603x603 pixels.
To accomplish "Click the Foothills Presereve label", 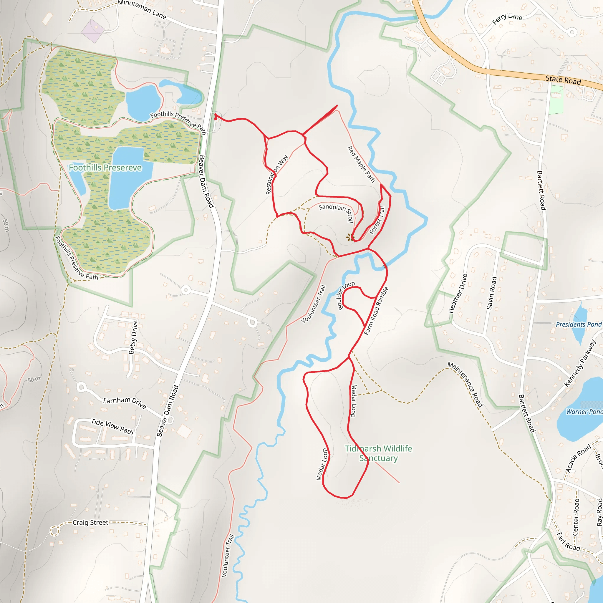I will (x=105, y=168).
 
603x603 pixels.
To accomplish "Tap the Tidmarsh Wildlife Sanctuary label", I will (x=378, y=453).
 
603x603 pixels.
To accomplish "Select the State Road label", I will (x=563, y=80).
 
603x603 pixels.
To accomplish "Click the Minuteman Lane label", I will (x=142, y=10).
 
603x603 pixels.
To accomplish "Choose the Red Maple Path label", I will (x=361, y=164).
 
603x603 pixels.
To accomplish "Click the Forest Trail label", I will (x=377, y=220).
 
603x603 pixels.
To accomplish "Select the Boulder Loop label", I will (x=346, y=295).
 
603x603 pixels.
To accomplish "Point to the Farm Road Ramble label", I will (x=376, y=311).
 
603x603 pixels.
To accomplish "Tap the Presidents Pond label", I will (x=578, y=324).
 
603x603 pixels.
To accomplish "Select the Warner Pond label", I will (x=584, y=412).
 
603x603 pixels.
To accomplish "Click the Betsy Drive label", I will (x=133, y=337).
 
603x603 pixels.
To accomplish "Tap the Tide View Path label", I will (x=112, y=427).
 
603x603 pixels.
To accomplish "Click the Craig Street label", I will (x=90, y=523).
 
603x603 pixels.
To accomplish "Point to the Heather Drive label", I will (x=458, y=293).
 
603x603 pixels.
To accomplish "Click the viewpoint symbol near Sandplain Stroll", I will (x=350, y=238).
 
